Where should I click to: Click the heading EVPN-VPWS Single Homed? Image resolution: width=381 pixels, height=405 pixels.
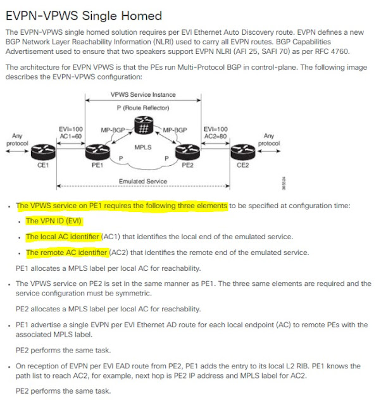(x=84, y=15)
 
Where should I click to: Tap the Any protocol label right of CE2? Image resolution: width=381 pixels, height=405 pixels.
(x=270, y=139)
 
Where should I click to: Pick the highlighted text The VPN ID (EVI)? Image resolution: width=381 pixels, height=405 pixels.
(x=54, y=221)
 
